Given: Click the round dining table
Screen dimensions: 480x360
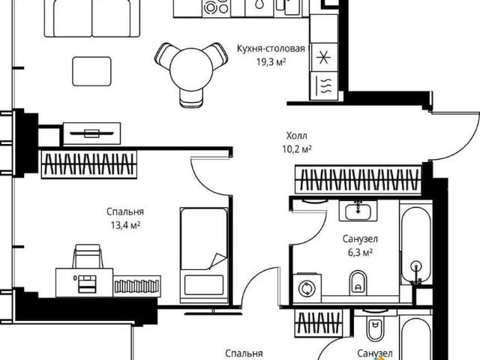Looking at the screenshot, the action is pos(191,70).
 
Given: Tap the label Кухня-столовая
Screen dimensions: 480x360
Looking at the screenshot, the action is pos(271,49).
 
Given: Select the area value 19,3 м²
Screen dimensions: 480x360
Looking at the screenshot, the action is pos(271,62).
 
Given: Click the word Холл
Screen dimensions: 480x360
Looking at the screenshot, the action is pos(297,135).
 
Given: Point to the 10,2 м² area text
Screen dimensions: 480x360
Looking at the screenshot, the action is pos(297,149).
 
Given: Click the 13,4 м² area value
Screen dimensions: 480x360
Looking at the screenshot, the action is pos(125,226).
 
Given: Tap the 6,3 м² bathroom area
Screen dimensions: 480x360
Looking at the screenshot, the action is pos(360,253).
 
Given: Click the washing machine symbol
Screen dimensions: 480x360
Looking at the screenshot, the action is pos(307,288).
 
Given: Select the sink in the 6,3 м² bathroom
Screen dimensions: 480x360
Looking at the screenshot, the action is pos(358,211).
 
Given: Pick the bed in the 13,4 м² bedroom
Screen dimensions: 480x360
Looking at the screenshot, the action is pos(204,255).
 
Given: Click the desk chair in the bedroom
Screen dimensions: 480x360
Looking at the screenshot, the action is pos(87,256).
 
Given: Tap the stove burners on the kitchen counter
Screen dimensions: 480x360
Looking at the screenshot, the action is pos(217,6).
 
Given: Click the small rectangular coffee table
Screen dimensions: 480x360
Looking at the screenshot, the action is pos(91,71).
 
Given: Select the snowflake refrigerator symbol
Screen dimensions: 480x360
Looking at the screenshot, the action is pos(324,57).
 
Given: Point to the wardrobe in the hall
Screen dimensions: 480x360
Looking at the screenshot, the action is pos(358,180).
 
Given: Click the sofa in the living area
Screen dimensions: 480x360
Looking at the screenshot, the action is pos(91,18).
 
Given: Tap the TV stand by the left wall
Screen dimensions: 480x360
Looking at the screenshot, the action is pos(91,133).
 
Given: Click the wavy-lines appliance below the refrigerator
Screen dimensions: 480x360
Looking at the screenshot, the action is pos(324,85).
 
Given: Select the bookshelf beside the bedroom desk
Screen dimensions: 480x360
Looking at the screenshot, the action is pos(137,286).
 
